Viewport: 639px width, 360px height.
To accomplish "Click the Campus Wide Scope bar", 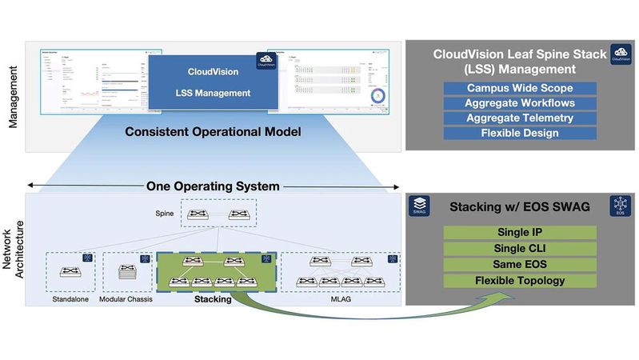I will pos(519,88).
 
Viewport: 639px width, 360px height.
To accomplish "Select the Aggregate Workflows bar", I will pos(519,103).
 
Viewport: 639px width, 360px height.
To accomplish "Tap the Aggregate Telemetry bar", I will pos(519,118).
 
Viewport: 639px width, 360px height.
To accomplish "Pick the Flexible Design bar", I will pos(519,133).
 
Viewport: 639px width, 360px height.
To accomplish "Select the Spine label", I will pos(164,214).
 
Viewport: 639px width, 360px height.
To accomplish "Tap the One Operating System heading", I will pos(213,186).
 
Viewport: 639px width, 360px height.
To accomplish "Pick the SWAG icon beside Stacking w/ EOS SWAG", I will pos(419,206).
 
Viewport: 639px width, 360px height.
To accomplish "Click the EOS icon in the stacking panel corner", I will pos(620,206).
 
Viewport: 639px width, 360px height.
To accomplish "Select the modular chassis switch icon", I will pos(126,272).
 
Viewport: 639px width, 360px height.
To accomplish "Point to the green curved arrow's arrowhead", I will pos(509,297).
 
